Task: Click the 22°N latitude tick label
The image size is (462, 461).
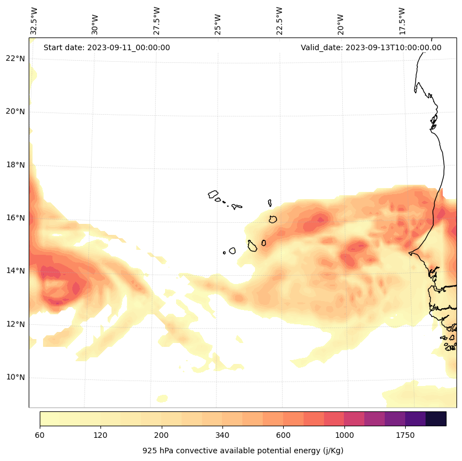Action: coord(15,58)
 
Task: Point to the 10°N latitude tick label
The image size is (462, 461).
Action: coord(15,378)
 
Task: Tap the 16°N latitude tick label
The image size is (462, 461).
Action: coord(15,218)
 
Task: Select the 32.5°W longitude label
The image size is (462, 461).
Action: coord(34,21)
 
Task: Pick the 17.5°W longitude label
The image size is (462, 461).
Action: coord(402,21)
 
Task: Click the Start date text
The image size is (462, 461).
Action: coord(107,47)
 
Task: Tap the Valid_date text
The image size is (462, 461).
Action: coord(371,47)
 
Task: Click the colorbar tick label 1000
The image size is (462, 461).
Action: coord(344,436)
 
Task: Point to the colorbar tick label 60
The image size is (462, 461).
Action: coord(40,436)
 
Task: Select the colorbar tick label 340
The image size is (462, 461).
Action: coord(222,436)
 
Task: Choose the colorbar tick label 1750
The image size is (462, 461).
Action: coord(405,436)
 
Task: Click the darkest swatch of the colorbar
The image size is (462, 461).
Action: coord(436,419)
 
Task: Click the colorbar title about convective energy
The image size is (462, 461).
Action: coord(243,451)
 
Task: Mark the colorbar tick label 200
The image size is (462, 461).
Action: coord(162,436)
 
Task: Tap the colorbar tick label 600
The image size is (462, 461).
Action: coord(284,436)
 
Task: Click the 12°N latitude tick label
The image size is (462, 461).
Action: coord(15,324)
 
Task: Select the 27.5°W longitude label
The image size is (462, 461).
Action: coord(157,21)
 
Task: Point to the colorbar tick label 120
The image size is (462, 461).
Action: coord(100,436)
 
